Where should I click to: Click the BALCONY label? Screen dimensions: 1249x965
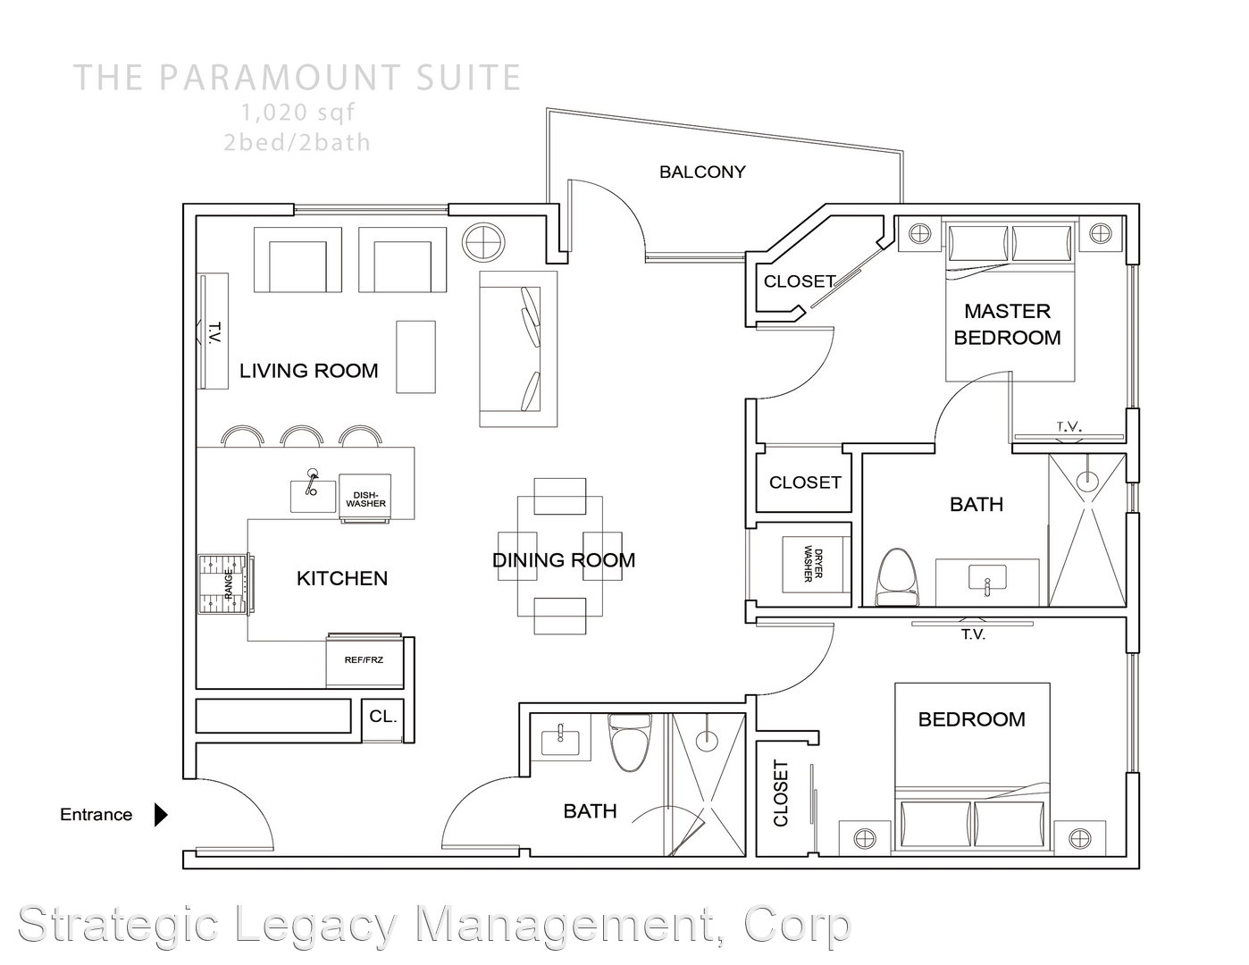[x=702, y=172]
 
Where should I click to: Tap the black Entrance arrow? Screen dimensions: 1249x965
[x=161, y=814]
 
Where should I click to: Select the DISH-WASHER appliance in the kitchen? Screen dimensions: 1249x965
[x=365, y=498]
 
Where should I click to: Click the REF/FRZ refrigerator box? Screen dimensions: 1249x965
[x=365, y=660]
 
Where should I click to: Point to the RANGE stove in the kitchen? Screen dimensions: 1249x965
[x=226, y=584]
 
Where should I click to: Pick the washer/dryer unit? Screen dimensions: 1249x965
[x=817, y=565]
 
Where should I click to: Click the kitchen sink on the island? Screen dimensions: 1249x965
[x=312, y=491]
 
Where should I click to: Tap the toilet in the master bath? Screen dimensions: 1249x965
[x=897, y=576]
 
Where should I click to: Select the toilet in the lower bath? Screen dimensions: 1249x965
[x=630, y=742]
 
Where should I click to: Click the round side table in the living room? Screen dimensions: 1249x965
[x=484, y=242]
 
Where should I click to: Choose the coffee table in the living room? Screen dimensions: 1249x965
[x=415, y=357]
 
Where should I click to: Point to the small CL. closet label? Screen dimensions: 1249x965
[x=382, y=717]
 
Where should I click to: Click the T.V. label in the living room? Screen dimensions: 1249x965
[x=214, y=332]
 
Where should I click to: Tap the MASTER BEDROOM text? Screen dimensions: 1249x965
[x=1008, y=324]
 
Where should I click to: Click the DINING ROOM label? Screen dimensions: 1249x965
[x=563, y=560]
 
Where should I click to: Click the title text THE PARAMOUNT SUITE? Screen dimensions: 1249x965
[x=298, y=78]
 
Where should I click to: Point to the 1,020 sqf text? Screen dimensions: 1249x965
[x=298, y=113]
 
